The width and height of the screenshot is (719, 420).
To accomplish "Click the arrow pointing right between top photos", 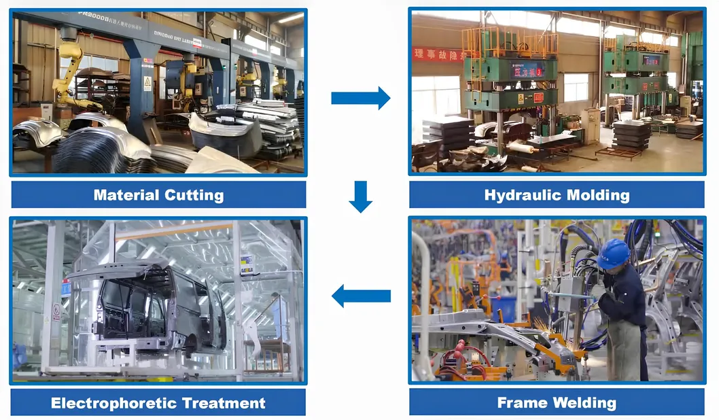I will [x=360, y=98].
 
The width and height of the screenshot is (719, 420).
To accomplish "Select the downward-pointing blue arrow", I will [x=360, y=196].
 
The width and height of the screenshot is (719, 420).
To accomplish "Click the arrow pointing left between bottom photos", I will [x=360, y=296].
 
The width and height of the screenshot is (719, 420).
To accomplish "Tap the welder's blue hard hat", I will [x=613, y=253].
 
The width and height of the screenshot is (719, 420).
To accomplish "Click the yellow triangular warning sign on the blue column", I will [x=147, y=83].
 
